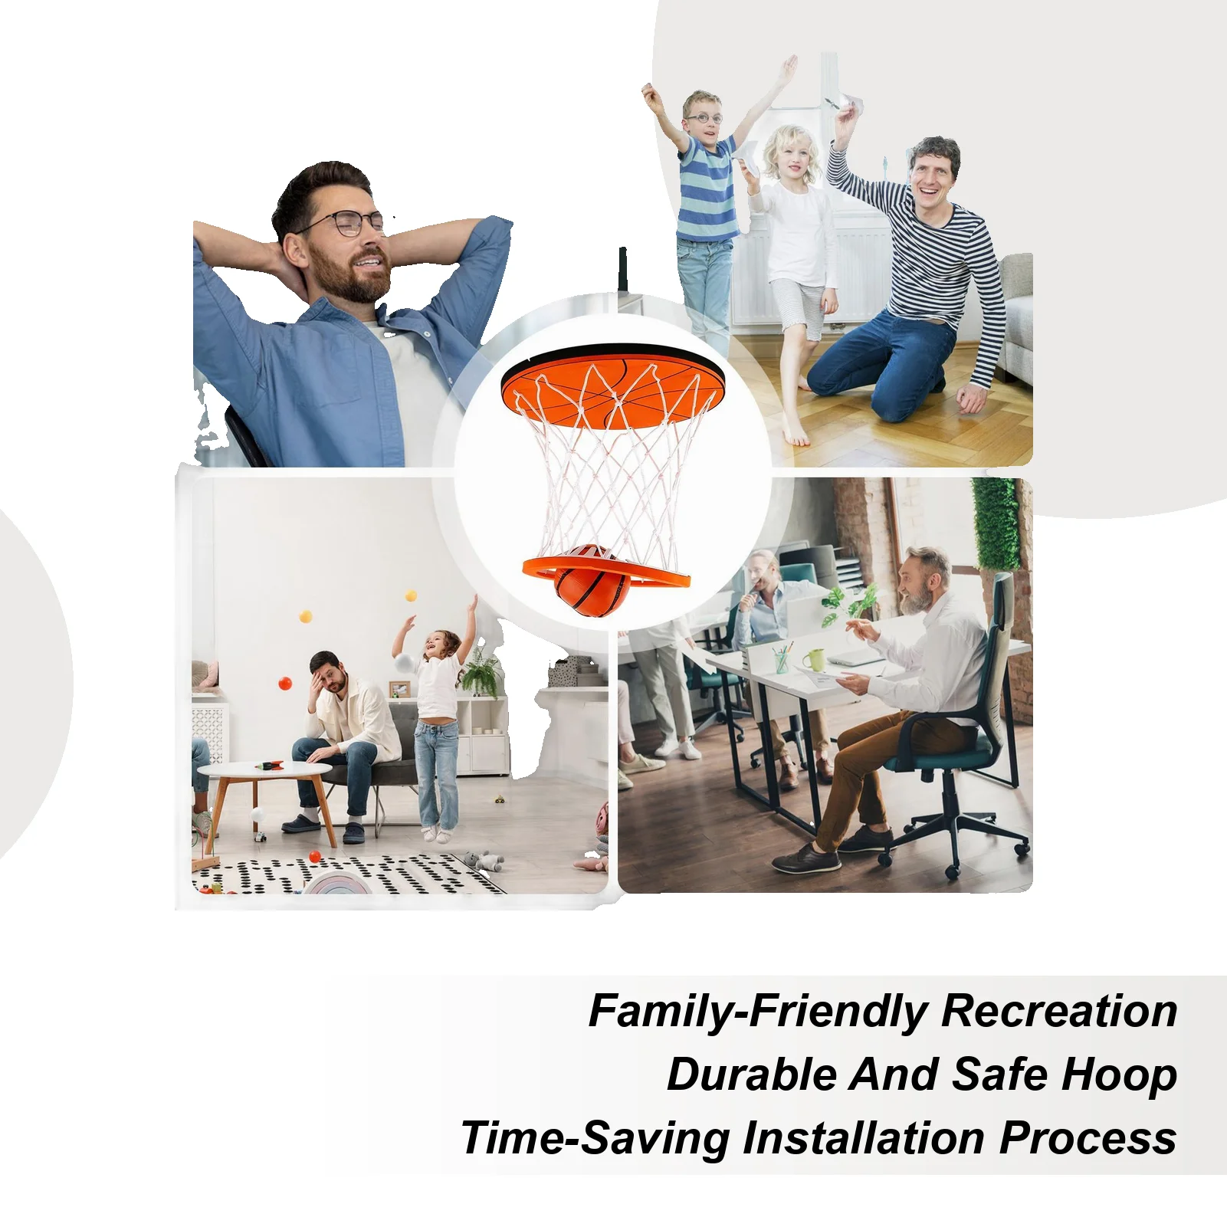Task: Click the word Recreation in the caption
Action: coord(1058,1011)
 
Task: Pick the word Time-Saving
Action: coord(595,1140)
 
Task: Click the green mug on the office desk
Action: coord(813,660)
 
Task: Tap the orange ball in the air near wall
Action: coord(286,683)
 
